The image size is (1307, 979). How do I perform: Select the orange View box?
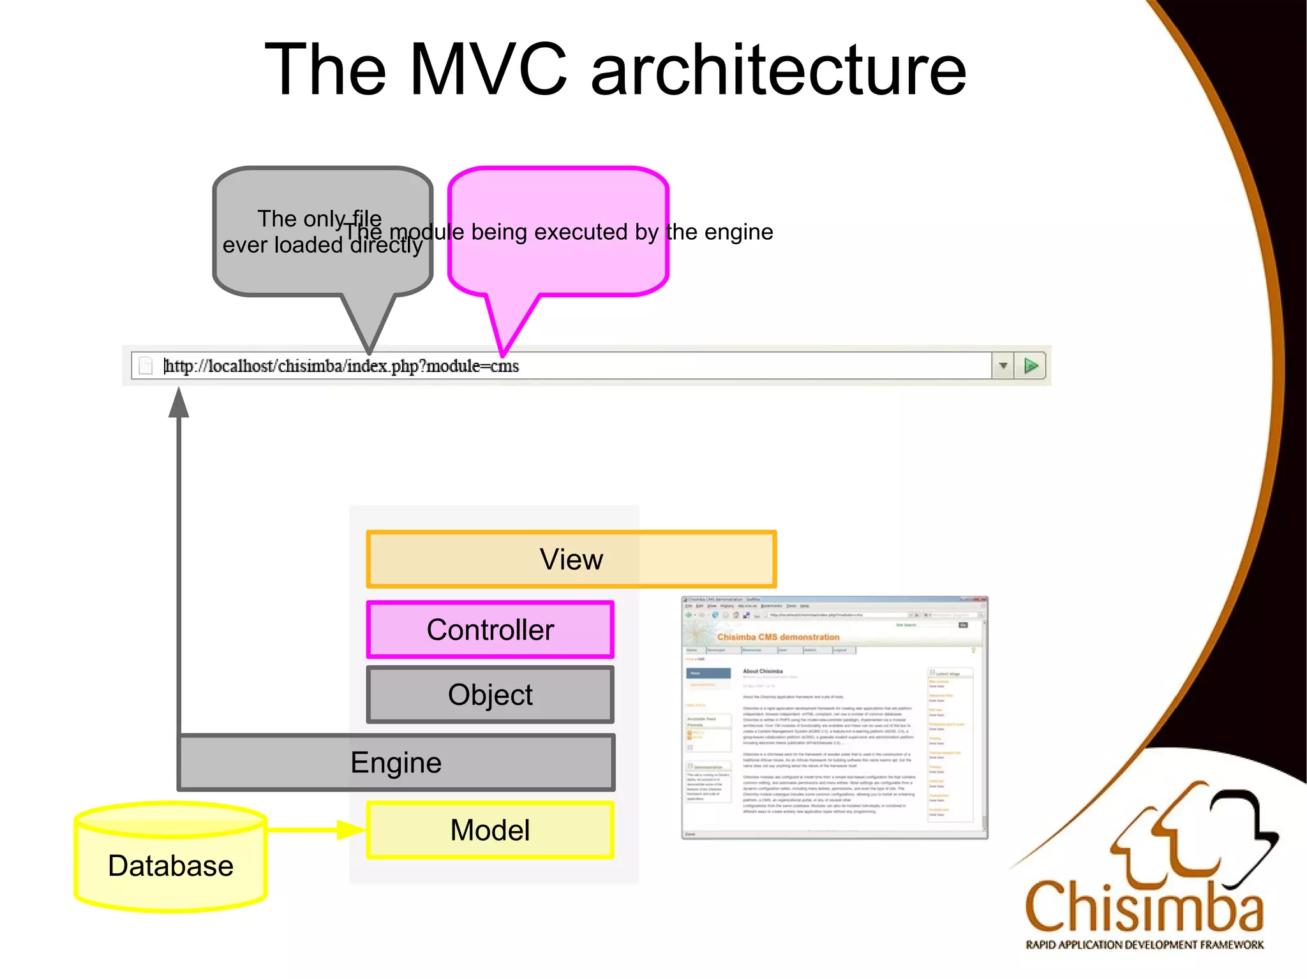[571, 559]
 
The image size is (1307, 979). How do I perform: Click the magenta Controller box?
[490, 629]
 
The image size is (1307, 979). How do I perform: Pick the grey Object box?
[490, 695]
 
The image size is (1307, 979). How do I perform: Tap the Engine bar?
[396, 763]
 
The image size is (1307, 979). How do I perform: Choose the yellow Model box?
[490, 830]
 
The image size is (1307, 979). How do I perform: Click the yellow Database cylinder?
[170, 865]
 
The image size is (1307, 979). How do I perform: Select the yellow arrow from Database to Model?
[316, 830]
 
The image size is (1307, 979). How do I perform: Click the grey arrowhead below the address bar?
[179, 404]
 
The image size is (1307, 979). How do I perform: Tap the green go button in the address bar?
[1031, 365]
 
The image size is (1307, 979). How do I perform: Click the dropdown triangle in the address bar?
[1003, 366]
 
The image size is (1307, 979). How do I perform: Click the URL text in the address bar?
[342, 366]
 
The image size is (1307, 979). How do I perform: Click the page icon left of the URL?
[146, 366]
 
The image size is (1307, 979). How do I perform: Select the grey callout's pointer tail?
[369, 322]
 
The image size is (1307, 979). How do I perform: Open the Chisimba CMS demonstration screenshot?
[834, 718]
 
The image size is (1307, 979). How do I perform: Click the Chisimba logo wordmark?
[1144, 907]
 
